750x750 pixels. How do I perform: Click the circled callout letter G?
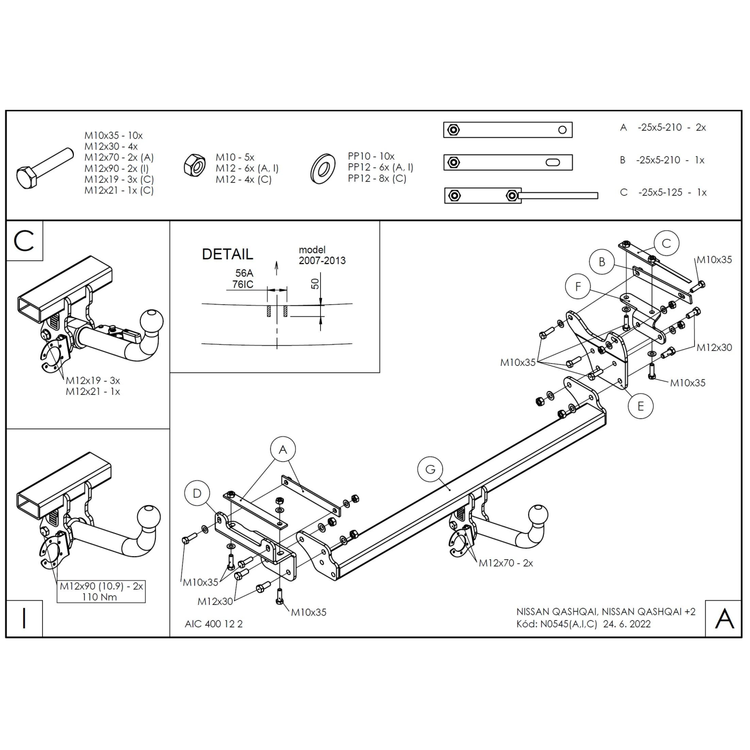click(x=431, y=469)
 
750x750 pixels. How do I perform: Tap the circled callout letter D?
click(x=197, y=493)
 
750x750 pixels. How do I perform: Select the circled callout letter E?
click(x=641, y=406)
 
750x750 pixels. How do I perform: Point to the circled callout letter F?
click(x=578, y=287)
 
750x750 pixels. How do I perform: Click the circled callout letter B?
click(x=602, y=262)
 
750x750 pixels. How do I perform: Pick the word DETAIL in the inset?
click(x=227, y=254)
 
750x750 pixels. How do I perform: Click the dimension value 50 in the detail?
click(x=316, y=283)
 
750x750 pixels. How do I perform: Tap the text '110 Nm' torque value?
click(x=100, y=597)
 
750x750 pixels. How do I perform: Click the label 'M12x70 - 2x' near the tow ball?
click(x=506, y=563)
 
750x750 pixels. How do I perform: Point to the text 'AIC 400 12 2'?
click(x=214, y=624)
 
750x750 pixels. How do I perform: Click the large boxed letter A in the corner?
click(x=724, y=619)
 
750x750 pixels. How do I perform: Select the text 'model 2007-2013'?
click(x=322, y=256)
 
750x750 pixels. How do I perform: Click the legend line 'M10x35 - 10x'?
click(x=114, y=136)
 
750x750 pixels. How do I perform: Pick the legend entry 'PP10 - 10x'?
click(x=371, y=156)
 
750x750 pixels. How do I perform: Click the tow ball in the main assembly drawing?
click(x=538, y=515)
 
